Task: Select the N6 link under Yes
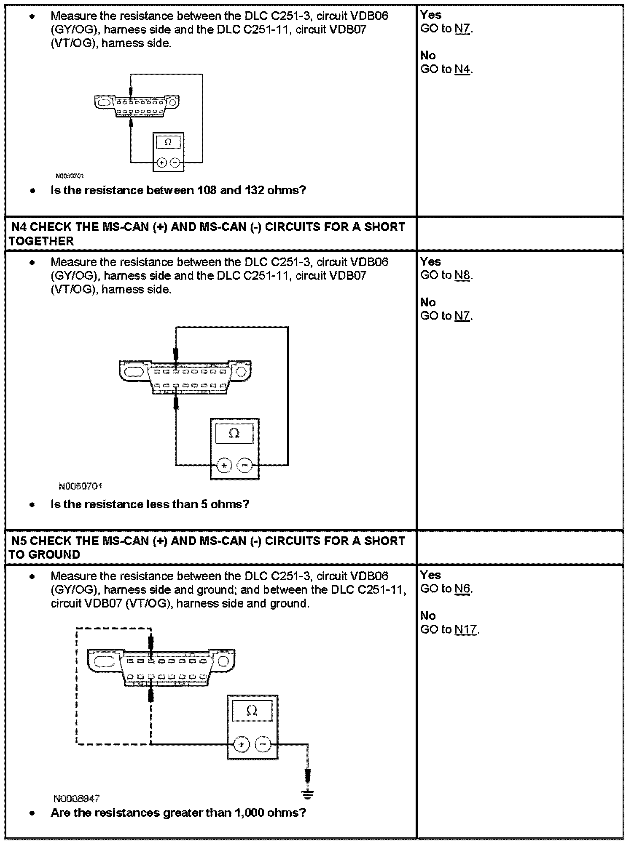point(462,589)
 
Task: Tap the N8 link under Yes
point(462,275)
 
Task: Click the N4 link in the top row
point(462,69)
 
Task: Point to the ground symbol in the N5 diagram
point(308,794)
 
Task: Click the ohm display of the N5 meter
point(252,711)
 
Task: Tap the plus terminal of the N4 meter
point(224,465)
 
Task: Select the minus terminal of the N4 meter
point(245,465)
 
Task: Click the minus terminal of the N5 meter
point(263,744)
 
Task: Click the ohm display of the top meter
point(168,142)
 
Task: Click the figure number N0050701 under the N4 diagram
point(80,487)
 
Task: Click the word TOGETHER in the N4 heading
point(41,241)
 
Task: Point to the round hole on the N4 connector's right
point(241,371)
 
